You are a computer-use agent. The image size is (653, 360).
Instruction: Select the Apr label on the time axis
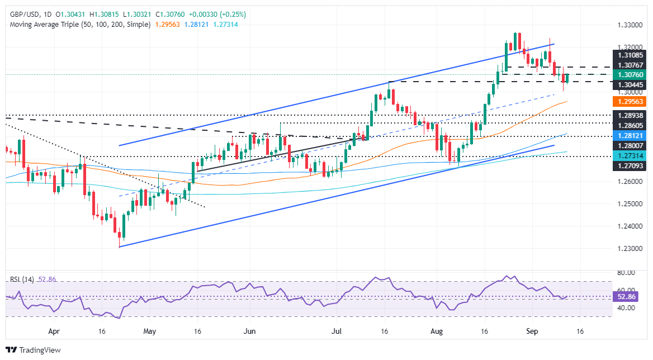[x=54, y=331]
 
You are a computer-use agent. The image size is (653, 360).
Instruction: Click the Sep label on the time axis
[x=532, y=331]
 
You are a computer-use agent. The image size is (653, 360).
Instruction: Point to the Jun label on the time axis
[x=250, y=331]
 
